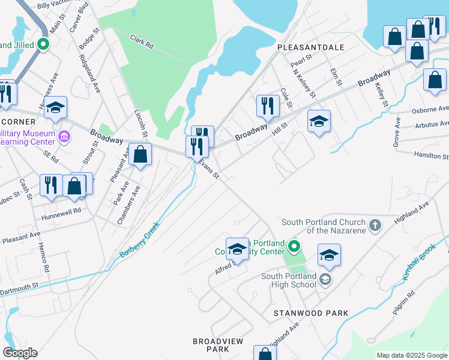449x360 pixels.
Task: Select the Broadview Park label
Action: (x=218, y=345)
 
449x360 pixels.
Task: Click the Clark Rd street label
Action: (x=142, y=41)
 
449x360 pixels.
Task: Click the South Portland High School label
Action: (x=289, y=280)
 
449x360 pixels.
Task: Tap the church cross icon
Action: (x=375, y=226)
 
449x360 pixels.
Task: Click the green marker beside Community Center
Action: (x=294, y=246)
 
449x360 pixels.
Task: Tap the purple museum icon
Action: (x=65, y=137)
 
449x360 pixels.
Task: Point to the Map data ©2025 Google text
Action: (x=411, y=355)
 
